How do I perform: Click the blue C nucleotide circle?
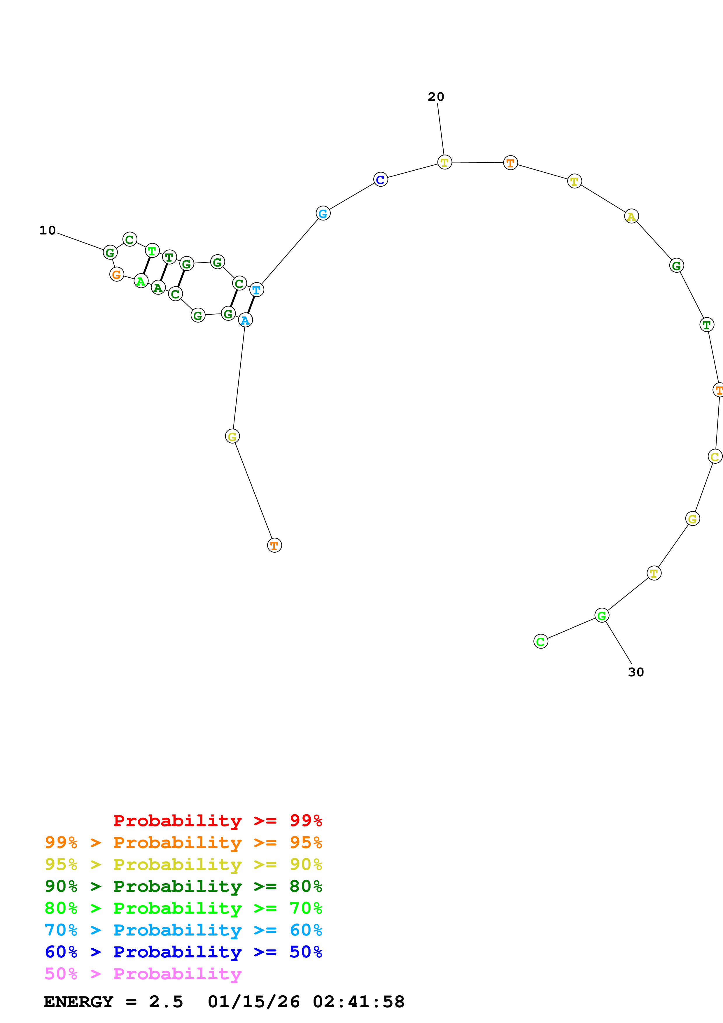(x=380, y=180)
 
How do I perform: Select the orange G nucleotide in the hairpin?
(x=117, y=274)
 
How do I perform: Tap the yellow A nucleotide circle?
(x=631, y=217)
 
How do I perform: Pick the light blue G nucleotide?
(x=323, y=213)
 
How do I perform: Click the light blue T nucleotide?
(x=257, y=290)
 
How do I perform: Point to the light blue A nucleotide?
(x=246, y=320)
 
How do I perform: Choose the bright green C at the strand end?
(x=541, y=641)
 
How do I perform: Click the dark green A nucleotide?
(x=158, y=288)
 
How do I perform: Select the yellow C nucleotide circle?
(x=715, y=456)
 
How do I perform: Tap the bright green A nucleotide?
(x=141, y=281)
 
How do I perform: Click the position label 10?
(x=48, y=230)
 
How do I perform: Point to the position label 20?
(x=436, y=97)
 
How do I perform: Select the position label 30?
(x=636, y=672)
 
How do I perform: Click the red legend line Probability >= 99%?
(x=217, y=820)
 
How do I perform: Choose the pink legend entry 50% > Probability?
(x=143, y=973)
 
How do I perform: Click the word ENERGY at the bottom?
(x=78, y=1002)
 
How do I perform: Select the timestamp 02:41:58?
(x=359, y=1002)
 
